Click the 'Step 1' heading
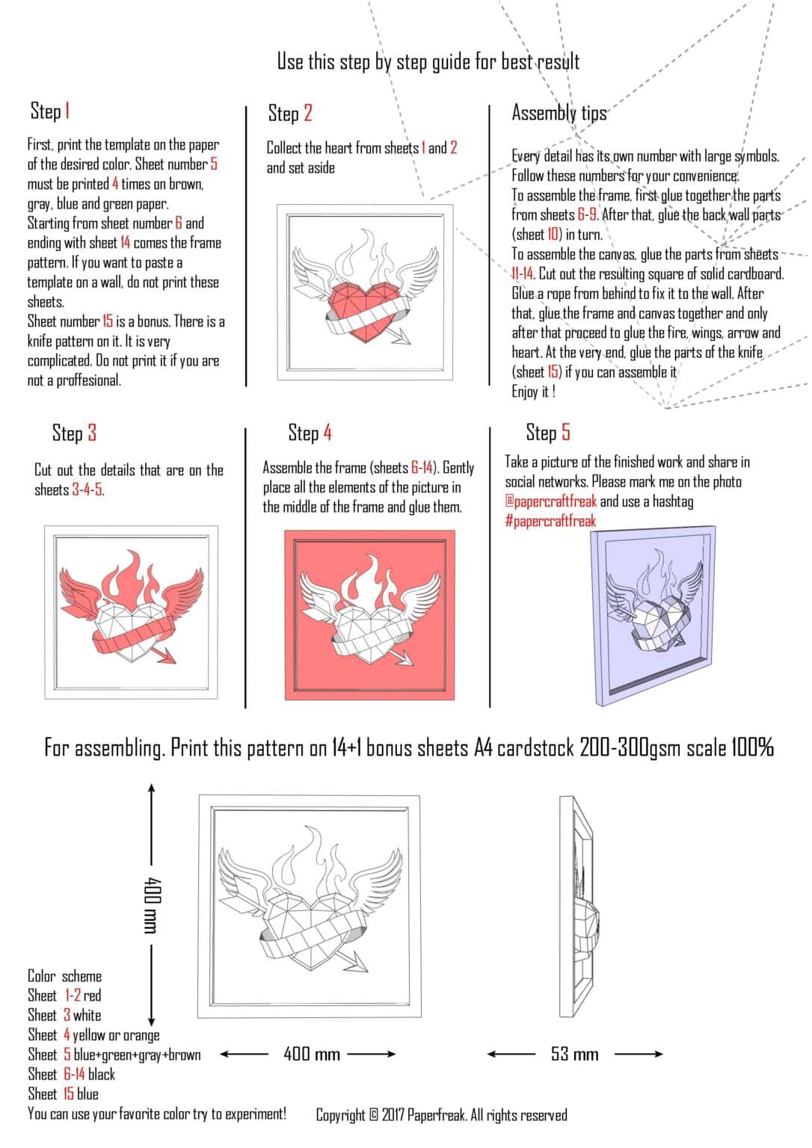[x=50, y=111]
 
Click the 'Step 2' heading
[x=290, y=114]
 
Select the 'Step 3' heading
[x=74, y=433]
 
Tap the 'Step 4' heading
[x=310, y=433]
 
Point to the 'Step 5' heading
[x=547, y=433]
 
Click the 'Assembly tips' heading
[x=559, y=113]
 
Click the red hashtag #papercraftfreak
[x=550, y=521]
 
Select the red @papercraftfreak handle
[x=551, y=502]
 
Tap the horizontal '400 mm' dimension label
[x=312, y=1055]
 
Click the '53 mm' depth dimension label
[x=574, y=1055]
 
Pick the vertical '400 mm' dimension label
[x=150, y=905]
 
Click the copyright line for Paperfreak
[x=441, y=1115]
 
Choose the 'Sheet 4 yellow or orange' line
[x=93, y=1035]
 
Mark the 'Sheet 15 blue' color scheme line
[x=63, y=1094]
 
